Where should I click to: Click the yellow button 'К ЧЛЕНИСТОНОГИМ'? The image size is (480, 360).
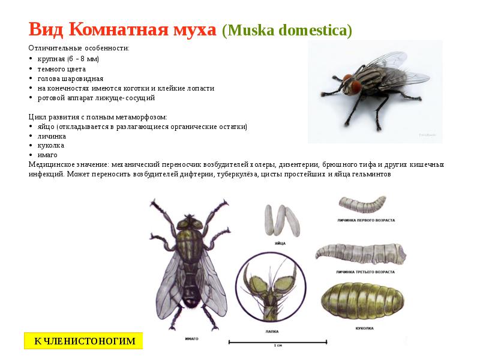click(83, 341)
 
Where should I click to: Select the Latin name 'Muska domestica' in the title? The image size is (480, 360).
click(287, 31)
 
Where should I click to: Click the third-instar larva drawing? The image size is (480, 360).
click(362, 254)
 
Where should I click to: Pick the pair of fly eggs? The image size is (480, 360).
click(279, 220)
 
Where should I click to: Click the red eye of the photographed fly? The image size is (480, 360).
click(355, 87)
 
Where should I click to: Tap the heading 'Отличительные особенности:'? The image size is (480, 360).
click(78, 48)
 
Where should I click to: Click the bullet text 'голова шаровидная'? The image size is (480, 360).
click(70, 79)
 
